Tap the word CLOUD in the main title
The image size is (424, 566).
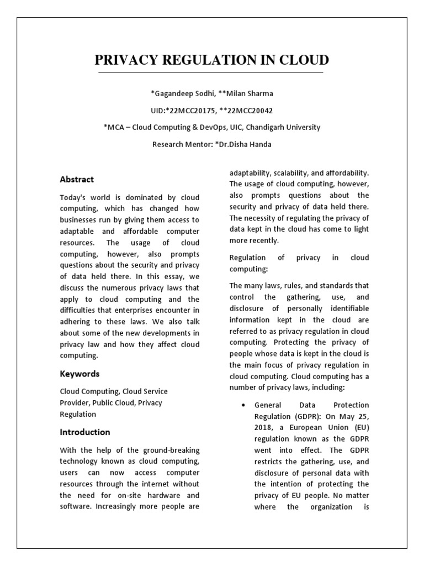302,60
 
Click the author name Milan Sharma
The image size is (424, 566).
248,93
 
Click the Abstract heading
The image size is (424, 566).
77,180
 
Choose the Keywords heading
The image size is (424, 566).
79,374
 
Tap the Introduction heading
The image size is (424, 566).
85,432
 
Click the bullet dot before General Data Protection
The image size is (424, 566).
244,406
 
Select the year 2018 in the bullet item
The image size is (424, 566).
263,427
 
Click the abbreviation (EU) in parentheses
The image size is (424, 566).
358,427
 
